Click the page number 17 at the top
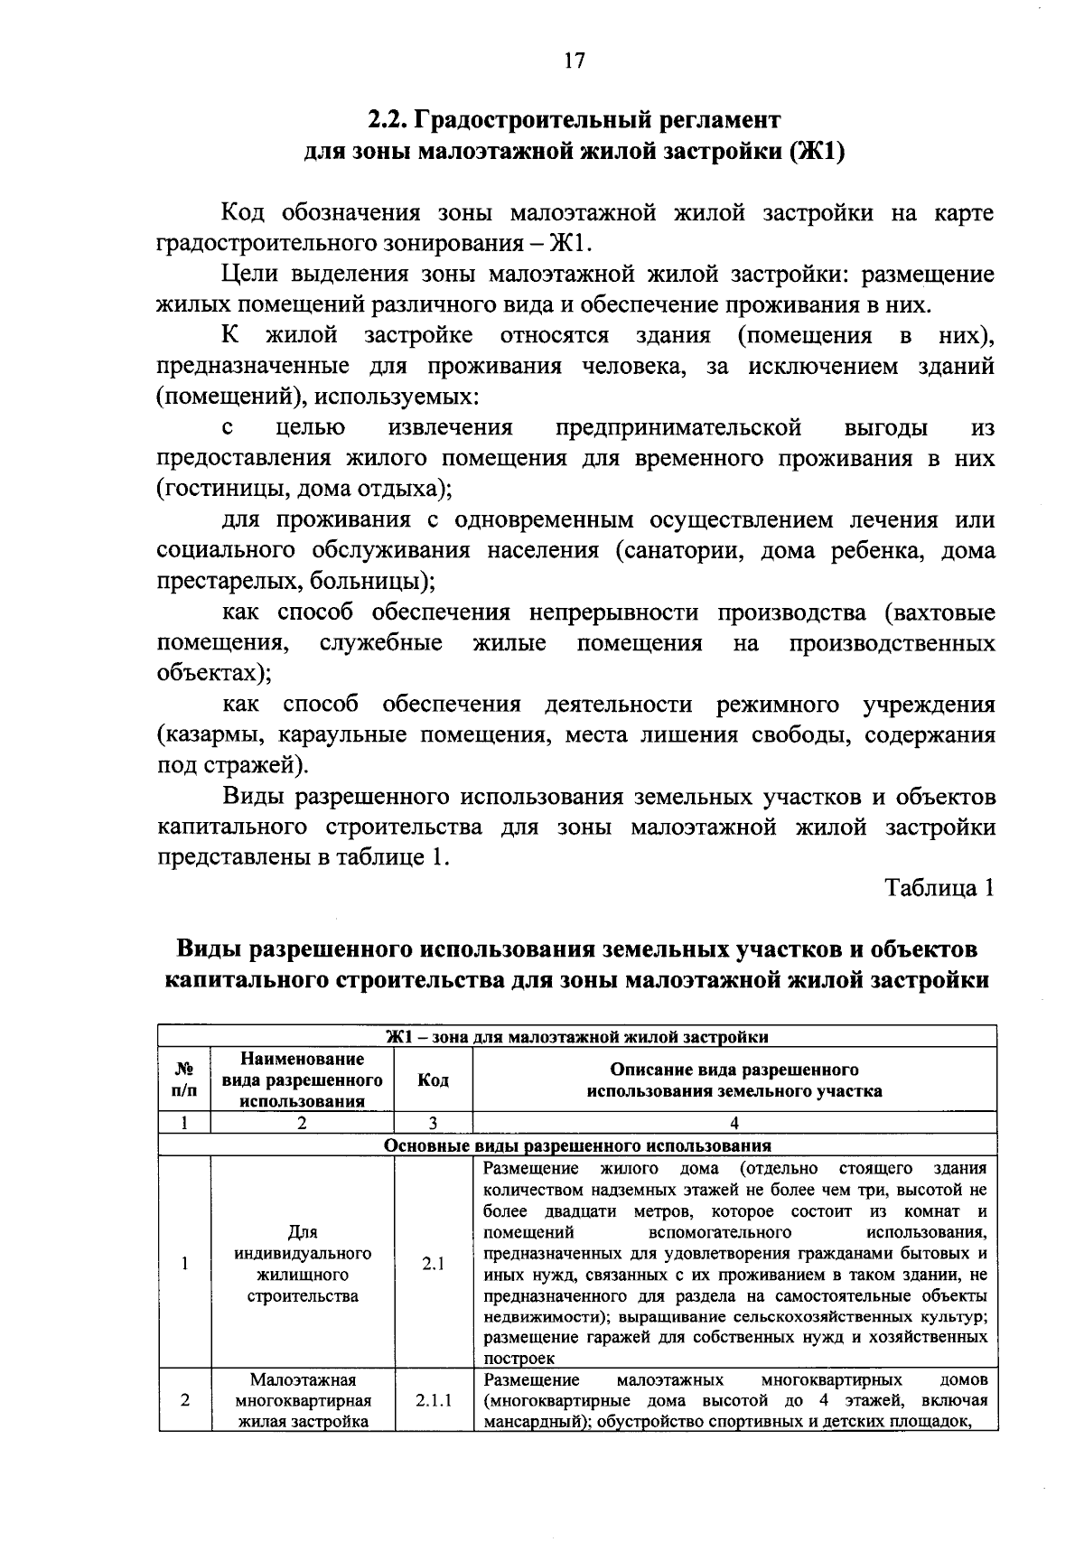pyautogui.click(x=575, y=61)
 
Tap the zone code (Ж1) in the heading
pyautogui.click(x=818, y=151)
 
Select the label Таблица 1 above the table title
pyautogui.click(x=939, y=887)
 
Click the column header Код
pyautogui.click(x=433, y=1079)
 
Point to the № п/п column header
pyautogui.click(x=184, y=1079)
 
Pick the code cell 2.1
pyautogui.click(x=433, y=1264)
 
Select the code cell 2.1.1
pyautogui.click(x=433, y=1401)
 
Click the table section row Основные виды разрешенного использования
pyautogui.click(x=577, y=1145)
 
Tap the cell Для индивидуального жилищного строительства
pyautogui.click(x=303, y=1264)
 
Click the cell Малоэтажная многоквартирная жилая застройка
pyautogui.click(x=303, y=1401)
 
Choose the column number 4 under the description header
pyautogui.click(x=734, y=1123)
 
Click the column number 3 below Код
pyautogui.click(x=433, y=1123)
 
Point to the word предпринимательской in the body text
pyautogui.click(x=678, y=427)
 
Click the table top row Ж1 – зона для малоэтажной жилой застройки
pyautogui.click(x=577, y=1036)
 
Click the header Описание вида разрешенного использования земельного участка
pyautogui.click(x=734, y=1079)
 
